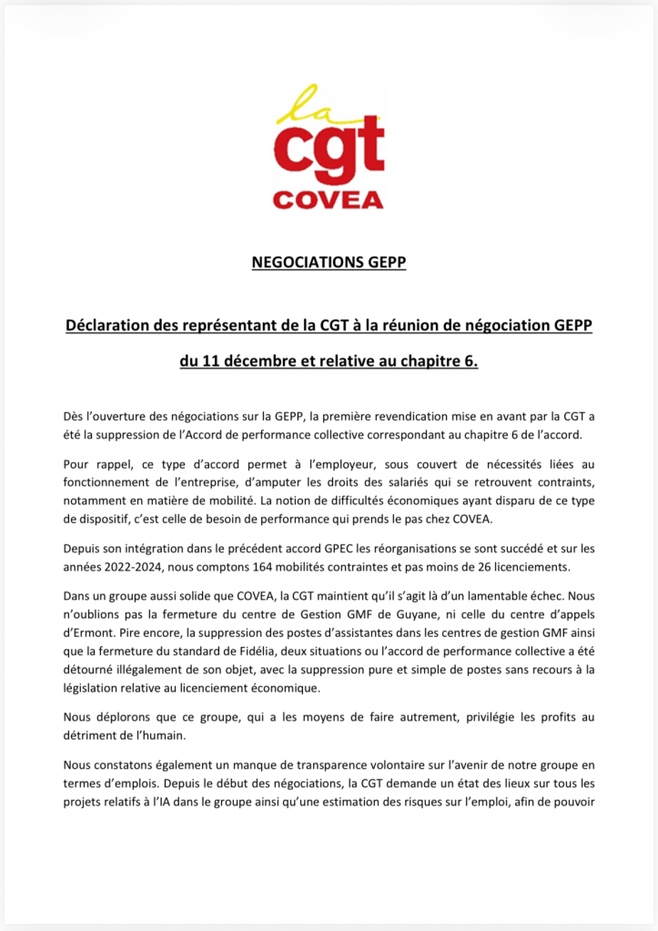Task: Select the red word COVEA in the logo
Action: pos(329,199)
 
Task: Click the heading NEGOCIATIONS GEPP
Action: pos(329,264)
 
